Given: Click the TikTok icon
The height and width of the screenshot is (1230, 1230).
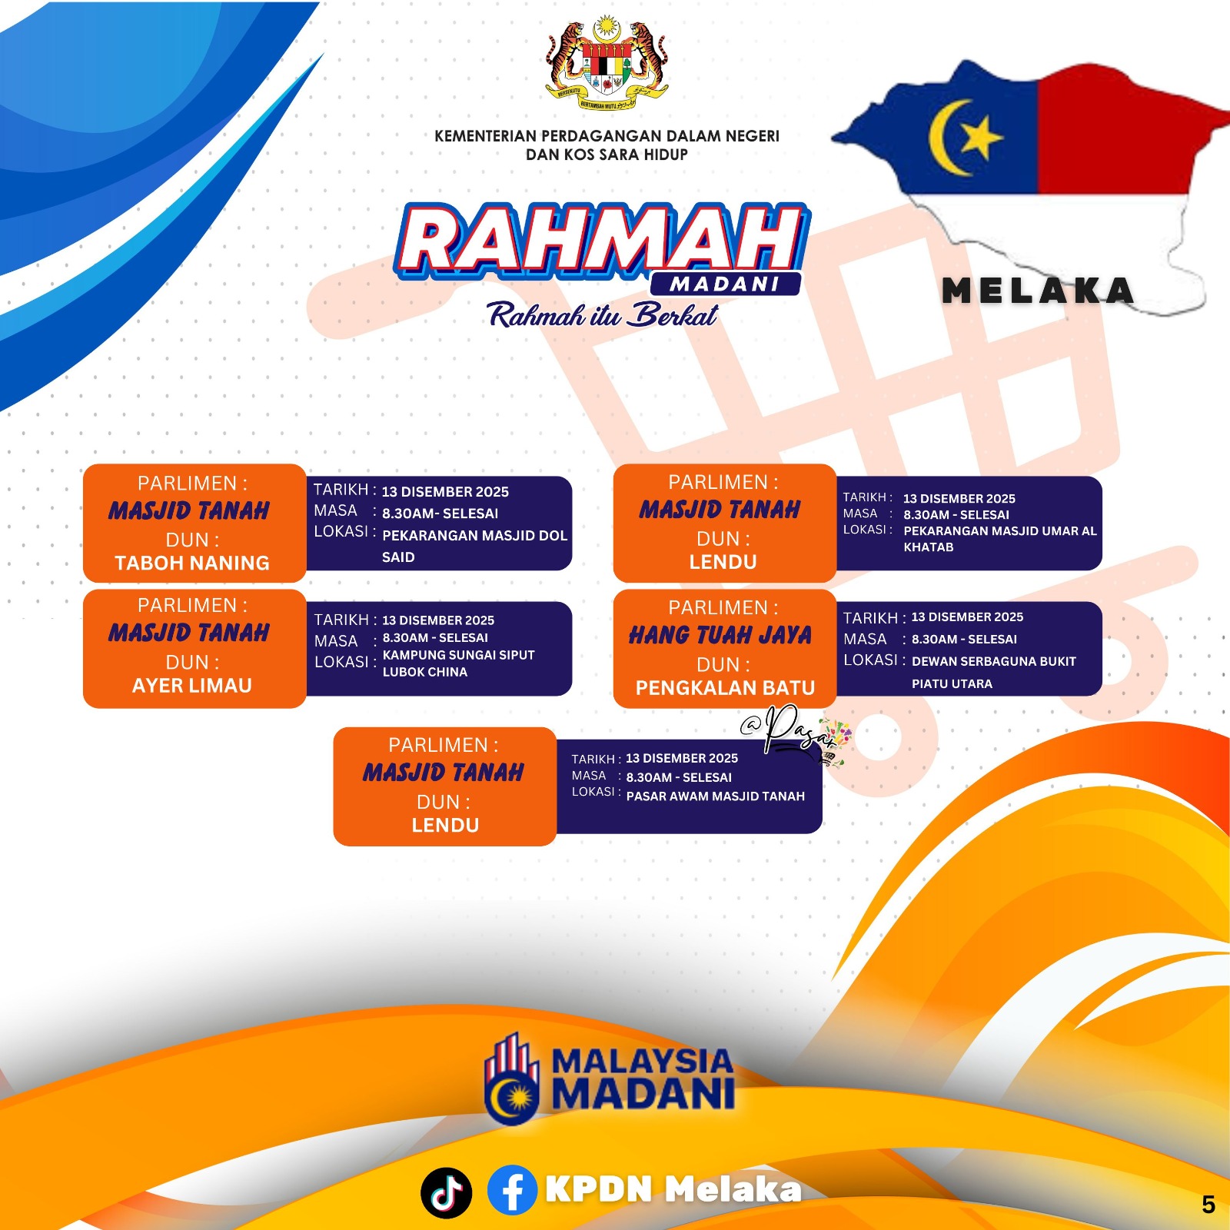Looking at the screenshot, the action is tap(446, 1192).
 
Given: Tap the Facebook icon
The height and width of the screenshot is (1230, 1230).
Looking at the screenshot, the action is tap(512, 1190).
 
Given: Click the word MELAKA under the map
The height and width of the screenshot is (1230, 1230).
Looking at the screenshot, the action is tap(1039, 291).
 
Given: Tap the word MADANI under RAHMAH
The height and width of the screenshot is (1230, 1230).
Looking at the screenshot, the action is tap(725, 284).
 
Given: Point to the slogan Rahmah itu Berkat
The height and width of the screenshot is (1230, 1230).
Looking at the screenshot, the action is tap(603, 315).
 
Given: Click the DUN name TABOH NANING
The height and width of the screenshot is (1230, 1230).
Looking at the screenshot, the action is tap(192, 563).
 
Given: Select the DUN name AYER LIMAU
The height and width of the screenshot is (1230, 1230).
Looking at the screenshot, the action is tap(192, 685).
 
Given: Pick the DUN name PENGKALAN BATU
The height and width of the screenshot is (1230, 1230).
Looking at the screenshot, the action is tap(725, 687).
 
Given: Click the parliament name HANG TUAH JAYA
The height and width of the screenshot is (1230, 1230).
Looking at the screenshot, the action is tap(720, 635).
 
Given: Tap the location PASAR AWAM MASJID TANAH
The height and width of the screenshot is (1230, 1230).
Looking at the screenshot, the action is tap(716, 796).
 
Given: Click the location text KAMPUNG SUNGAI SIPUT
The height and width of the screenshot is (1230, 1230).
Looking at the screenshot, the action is tap(459, 655).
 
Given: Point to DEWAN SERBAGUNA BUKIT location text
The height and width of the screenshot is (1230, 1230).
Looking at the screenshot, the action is tap(994, 661).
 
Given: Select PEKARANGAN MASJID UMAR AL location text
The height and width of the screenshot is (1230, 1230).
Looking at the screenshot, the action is tap(1000, 530).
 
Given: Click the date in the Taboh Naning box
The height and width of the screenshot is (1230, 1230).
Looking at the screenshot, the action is tap(445, 492).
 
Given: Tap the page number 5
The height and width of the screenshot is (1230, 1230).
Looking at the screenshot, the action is tap(1208, 1205).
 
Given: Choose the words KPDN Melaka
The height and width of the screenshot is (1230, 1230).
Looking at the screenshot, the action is tap(673, 1189).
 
